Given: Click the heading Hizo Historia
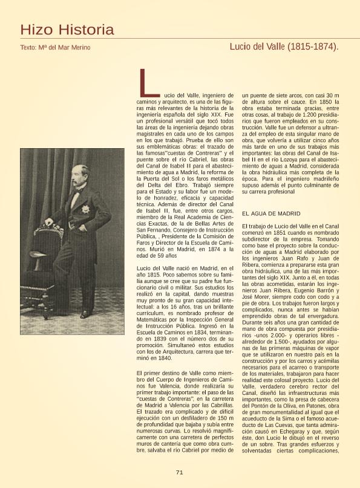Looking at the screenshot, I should coord(67,30).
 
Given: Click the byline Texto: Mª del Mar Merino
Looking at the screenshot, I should coord(55,47).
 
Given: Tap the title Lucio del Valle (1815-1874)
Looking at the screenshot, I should coord(284,47).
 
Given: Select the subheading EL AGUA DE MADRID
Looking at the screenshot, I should coord(271,214).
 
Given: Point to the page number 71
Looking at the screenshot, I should coord(179,472).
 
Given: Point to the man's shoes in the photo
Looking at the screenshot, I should coord(79,313).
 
